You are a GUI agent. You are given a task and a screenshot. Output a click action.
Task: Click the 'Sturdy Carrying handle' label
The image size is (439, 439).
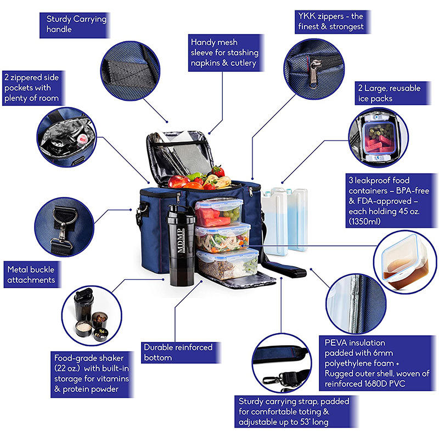pos(76,24)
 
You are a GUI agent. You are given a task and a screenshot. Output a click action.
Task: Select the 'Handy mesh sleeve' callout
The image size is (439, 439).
pos(223,53)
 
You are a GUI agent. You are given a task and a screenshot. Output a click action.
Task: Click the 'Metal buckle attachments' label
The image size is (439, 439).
pos(32,274)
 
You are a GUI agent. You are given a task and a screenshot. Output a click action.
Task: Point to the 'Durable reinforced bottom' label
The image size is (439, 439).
pos(177,352)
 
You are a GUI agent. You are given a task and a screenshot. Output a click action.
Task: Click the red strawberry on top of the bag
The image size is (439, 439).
pos(218,171)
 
